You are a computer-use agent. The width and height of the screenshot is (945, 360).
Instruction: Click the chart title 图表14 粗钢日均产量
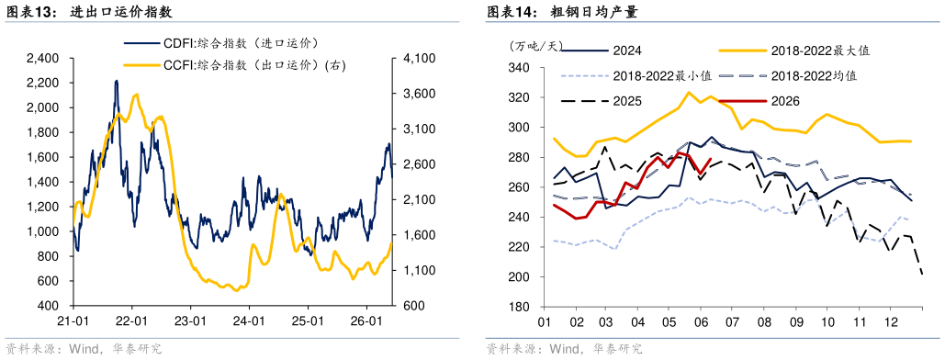tap(562, 11)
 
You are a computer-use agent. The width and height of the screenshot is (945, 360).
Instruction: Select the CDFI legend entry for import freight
tap(221, 43)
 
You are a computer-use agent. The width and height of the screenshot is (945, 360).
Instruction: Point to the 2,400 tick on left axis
tap(42, 59)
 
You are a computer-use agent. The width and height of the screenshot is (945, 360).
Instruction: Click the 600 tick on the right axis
tap(410, 306)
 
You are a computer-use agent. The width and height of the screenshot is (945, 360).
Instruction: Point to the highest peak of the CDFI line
tap(116, 81)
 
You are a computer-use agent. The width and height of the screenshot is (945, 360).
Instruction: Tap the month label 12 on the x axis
tap(888, 322)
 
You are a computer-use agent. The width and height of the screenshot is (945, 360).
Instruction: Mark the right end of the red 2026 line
tap(712, 159)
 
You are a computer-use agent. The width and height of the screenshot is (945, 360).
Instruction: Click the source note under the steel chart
tap(564, 349)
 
